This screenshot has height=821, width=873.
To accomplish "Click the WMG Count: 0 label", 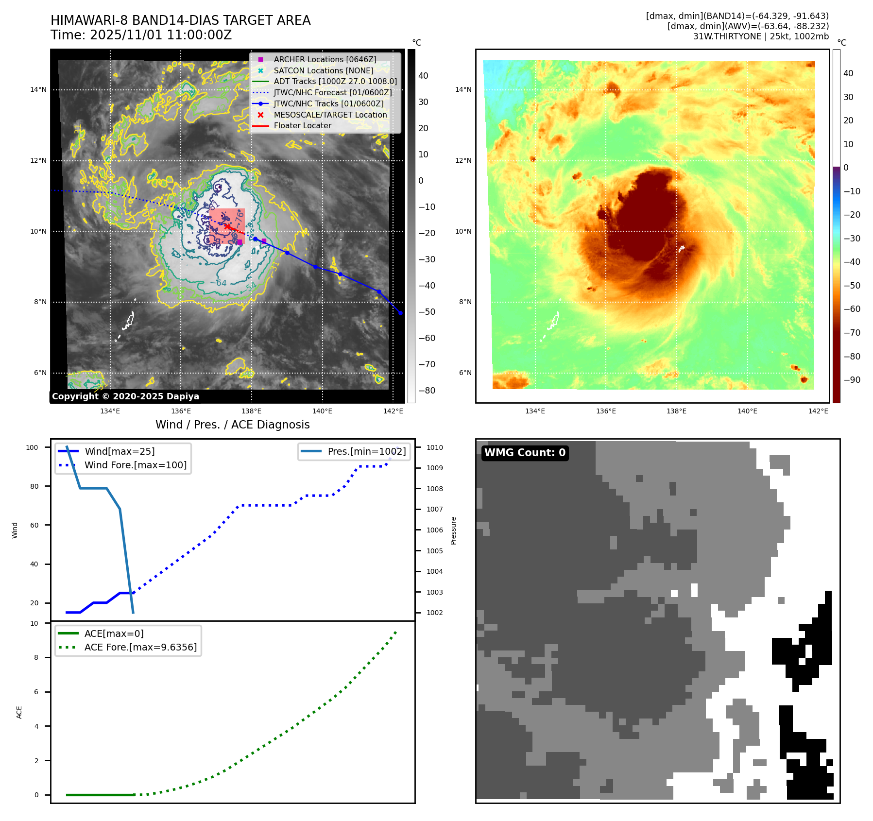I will pos(525,453).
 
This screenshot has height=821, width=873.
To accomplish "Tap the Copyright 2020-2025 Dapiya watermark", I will pos(125,396).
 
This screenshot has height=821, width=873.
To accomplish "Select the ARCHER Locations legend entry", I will pos(325,59).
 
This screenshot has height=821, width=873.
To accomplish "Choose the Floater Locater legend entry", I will pos(302,125).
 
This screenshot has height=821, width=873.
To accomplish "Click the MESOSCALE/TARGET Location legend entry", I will pos(330,115).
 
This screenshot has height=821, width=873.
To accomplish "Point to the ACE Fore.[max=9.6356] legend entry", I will pos(140,647).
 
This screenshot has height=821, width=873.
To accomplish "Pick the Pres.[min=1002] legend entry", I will pos(366,451).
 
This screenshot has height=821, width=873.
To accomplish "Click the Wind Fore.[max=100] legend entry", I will pos(135,465).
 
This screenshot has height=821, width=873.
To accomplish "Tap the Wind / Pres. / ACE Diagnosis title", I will pos(232,425).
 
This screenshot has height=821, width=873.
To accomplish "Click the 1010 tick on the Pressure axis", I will pos(435,447).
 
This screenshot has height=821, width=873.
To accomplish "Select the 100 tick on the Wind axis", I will pos(32,447).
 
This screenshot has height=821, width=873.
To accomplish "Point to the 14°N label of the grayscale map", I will pos(38,89).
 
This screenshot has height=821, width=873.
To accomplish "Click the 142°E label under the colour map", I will pos(818,411).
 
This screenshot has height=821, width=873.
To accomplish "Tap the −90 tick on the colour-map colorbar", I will pos(852,380).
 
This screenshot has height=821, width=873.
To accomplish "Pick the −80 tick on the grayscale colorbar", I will pos(427,391).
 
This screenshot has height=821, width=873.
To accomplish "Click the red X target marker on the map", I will pos(227,226).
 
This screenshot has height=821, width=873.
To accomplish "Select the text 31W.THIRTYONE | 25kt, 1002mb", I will pos(761,36).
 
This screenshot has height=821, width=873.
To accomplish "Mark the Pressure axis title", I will pos(453,530).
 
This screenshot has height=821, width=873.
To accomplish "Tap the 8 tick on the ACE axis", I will pos(36,657).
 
